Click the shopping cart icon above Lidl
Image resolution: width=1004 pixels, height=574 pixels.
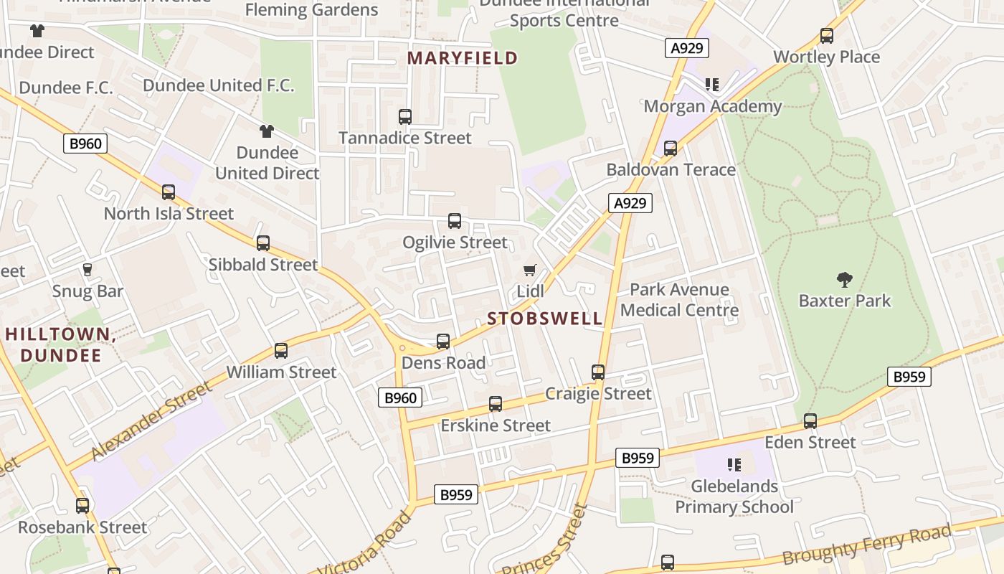529,270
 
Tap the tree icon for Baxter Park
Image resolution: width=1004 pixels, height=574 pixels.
845,280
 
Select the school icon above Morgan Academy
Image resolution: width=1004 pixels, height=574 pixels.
712,85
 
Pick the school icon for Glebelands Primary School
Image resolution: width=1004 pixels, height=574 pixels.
734,465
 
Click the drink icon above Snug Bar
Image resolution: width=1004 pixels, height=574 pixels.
87,270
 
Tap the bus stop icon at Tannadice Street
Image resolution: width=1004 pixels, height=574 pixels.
405,116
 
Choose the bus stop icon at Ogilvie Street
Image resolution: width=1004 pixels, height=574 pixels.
455,221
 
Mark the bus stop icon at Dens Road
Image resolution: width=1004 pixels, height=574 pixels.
443,342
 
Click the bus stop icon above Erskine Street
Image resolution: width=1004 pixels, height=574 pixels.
495,404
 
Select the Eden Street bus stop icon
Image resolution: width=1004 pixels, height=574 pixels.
810,421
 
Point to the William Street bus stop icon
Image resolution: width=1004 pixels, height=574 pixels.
281,351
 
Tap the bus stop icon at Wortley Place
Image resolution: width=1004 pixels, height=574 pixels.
827,36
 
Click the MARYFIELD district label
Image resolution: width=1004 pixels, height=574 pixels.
463,58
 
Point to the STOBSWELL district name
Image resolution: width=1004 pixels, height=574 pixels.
545,319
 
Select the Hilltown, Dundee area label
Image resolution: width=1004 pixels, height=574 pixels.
60,344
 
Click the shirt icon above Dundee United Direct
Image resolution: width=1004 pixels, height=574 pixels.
267,131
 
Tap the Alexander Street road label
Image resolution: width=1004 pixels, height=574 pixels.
151,420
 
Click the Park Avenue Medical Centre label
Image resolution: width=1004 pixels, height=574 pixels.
679,300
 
